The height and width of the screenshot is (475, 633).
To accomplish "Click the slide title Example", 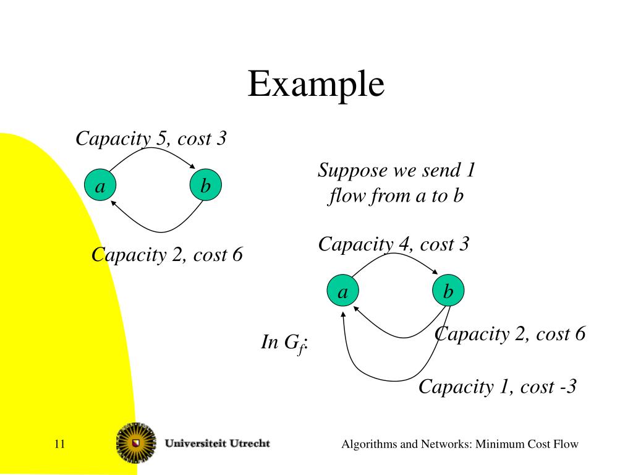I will tap(316, 84).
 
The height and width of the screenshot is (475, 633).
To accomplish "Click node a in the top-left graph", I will tap(100, 186).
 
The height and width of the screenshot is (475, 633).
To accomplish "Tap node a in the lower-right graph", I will tap(342, 291).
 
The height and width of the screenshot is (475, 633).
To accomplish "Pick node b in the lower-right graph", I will tap(448, 291).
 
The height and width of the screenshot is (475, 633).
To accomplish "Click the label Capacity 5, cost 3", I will tap(151, 139).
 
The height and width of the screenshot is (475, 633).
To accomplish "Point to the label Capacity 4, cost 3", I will tap(394, 244).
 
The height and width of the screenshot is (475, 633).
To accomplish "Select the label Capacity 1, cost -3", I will tap(498, 387).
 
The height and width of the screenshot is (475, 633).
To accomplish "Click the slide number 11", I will tap(60, 444).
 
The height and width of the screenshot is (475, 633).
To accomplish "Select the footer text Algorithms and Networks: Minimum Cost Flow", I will tap(460, 444).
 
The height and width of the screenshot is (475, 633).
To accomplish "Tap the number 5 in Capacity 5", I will tap(162, 139).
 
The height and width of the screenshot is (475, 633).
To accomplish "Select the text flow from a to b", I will tap(396, 196).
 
